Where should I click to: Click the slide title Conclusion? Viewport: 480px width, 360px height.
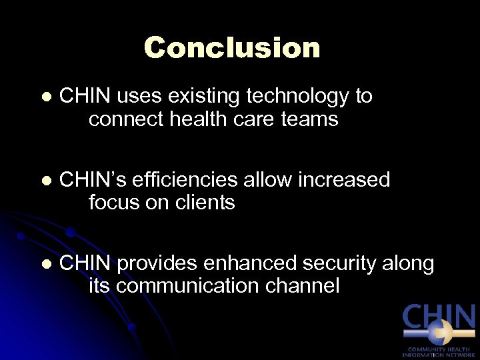(232, 47)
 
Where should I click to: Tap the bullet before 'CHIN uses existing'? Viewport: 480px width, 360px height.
(45, 97)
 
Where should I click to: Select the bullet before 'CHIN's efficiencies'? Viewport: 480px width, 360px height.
(45, 181)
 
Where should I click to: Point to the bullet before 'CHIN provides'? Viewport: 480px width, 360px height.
(45, 265)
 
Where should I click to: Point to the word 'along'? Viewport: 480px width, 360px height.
(408, 264)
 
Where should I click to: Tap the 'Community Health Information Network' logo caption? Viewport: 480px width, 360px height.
(439, 351)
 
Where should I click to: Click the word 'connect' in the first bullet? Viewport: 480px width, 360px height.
(123, 119)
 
